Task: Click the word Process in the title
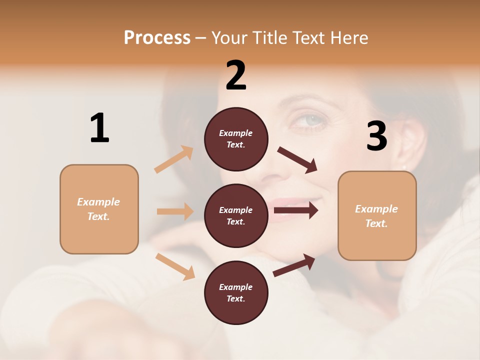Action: coord(157,37)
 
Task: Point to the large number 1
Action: coord(99,128)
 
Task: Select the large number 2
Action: coord(236,75)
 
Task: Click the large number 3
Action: coord(376,136)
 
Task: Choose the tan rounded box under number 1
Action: coord(99,209)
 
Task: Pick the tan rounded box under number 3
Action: coord(377,215)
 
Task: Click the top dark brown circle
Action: coord(236,138)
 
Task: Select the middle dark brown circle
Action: coord(236,215)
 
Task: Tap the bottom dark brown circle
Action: coord(236,292)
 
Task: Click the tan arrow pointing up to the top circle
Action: coord(174,159)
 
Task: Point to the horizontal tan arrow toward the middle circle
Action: coord(175,211)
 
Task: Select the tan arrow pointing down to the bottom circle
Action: coord(175,266)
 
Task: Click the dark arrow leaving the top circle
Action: coord(297,159)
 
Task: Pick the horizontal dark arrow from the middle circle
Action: coord(296,210)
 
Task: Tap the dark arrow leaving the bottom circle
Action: coord(294,265)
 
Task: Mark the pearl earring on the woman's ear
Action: coord(404,167)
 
